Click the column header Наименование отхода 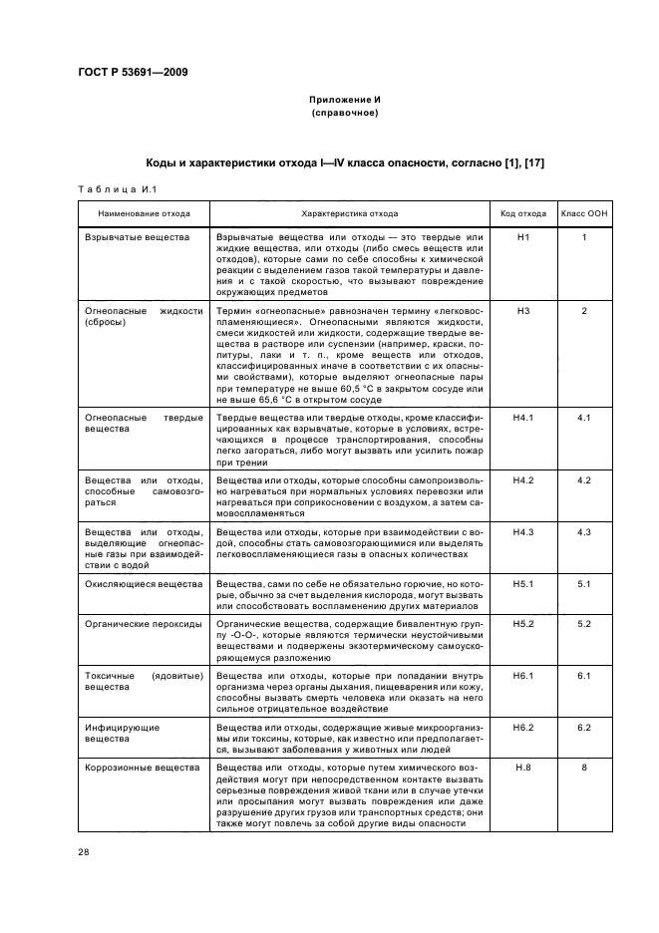[x=142, y=214]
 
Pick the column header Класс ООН [x=585, y=214]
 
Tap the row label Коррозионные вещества [x=143, y=767]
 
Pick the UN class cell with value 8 [x=585, y=767]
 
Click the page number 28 [x=83, y=852]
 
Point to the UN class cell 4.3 [x=585, y=532]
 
